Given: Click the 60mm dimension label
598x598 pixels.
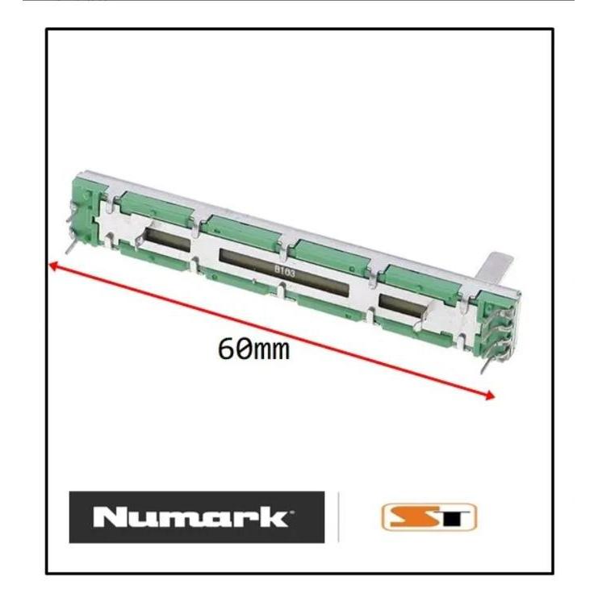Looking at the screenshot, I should point(253,349).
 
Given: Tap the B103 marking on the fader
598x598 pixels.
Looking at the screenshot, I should point(285,273).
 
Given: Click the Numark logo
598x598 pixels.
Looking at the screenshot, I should point(196,516).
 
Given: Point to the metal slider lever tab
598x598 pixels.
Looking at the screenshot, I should point(497,267).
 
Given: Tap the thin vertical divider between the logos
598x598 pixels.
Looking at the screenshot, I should point(338,516).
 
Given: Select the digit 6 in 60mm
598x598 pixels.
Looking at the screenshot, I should point(226,349).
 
